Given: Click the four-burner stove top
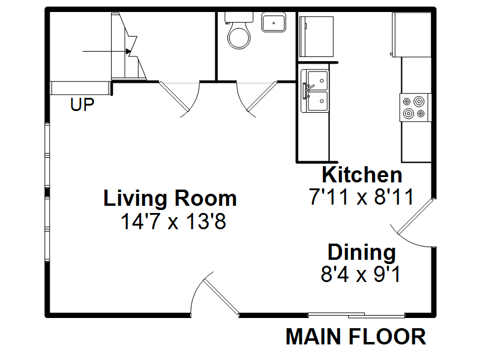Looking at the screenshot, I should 415,107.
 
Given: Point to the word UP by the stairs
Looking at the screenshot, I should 82,105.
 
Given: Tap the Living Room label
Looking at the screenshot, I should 170,198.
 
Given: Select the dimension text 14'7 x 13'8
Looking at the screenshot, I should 173,222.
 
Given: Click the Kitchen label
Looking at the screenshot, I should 362,175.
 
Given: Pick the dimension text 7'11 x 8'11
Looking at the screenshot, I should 361,197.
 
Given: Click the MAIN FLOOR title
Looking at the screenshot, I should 356,337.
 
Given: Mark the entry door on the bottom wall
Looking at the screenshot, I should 219,295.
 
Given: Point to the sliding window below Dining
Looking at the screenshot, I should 356,315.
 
